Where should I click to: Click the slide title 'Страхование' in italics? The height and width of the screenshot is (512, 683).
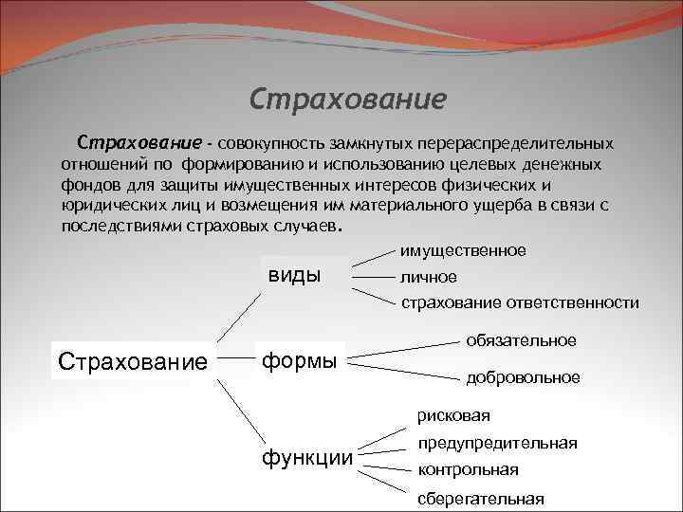coord(347,100)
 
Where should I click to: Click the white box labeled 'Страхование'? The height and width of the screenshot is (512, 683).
coord(133,362)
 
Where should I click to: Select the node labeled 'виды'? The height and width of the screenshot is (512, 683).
coord(294,275)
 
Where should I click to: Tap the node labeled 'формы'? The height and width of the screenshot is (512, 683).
coord(299,361)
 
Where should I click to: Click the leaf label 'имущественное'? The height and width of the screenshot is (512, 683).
coord(462,250)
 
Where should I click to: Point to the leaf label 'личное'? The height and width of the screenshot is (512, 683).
coord(428,277)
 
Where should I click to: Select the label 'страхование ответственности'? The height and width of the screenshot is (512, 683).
coord(519,302)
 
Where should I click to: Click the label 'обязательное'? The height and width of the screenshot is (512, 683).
coord(521,339)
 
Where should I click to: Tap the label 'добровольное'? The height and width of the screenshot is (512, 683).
coord(523,377)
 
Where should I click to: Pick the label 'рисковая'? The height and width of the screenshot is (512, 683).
coord(453,414)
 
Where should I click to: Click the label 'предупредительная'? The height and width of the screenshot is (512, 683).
coord(496,443)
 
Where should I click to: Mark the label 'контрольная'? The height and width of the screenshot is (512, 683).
coord(468,469)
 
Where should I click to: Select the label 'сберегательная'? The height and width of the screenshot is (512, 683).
coord(480,498)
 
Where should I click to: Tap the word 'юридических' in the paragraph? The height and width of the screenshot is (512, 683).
coord(105,205)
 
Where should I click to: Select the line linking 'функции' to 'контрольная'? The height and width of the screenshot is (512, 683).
coord(385,466)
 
